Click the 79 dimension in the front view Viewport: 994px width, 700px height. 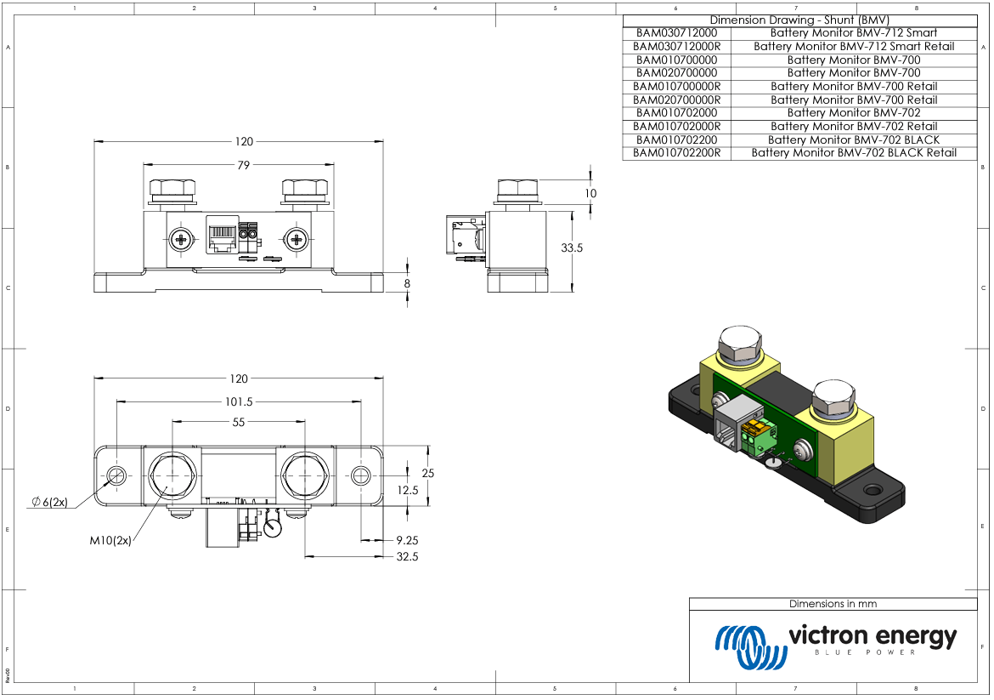(243, 166)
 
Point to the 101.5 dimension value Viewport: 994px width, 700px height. (238, 401)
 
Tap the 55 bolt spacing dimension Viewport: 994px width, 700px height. (238, 422)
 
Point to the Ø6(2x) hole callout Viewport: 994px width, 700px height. (49, 502)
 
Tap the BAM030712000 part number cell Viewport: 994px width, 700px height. (676, 32)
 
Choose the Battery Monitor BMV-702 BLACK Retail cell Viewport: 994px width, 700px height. (854, 153)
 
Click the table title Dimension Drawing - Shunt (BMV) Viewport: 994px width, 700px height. (799, 20)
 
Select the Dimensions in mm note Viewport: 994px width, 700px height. (833, 604)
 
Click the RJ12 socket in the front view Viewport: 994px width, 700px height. (222, 236)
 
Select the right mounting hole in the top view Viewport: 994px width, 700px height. (361, 475)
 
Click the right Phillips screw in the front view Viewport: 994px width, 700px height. (297, 240)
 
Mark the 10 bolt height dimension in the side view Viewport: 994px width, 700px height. (590, 193)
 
